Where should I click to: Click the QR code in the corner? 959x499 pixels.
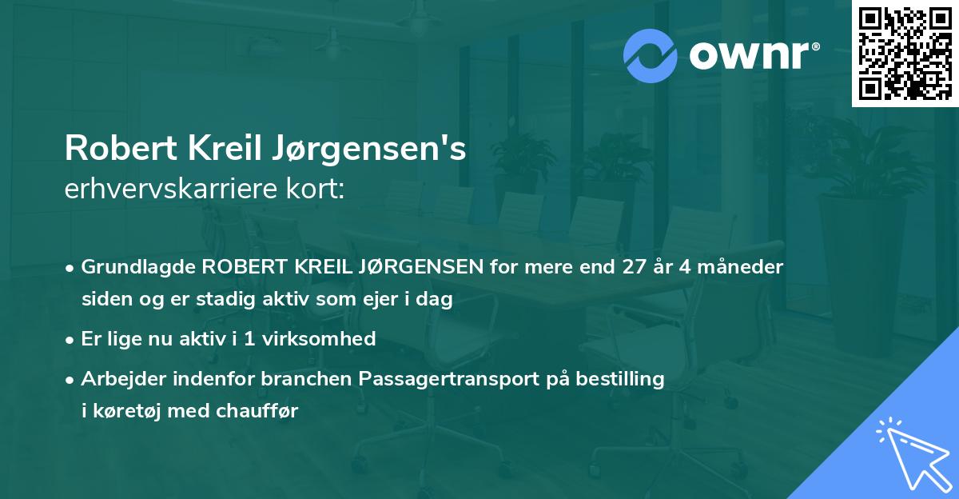point(905,54)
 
